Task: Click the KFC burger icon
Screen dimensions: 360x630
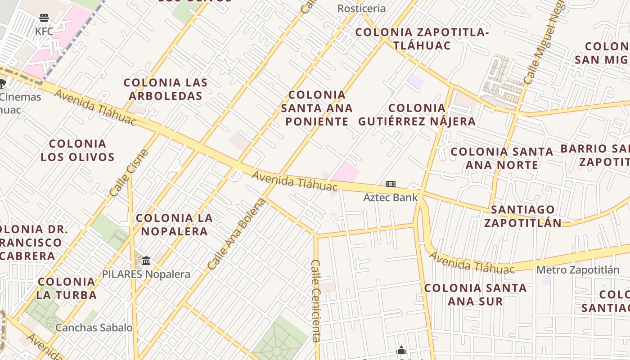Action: [44, 18]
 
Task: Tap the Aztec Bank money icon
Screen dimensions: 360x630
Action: [390, 184]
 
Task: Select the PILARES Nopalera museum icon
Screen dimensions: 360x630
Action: [146, 261]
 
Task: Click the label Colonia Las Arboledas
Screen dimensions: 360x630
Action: [166, 89]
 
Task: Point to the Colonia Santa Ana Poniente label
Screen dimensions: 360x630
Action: [317, 108]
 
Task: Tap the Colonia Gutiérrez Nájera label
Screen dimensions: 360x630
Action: [417, 115]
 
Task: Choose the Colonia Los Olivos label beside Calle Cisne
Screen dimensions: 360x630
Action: [77, 150]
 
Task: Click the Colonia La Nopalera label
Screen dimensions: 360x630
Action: [174, 225]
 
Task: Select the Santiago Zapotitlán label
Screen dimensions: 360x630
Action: [523, 216]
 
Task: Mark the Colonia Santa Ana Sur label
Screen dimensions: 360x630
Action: [475, 294]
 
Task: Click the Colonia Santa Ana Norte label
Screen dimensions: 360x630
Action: [502, 158]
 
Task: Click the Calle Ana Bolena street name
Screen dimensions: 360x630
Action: [237, 234]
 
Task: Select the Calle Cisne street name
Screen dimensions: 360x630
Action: [129, 173]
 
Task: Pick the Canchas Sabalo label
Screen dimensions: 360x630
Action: [94, 328]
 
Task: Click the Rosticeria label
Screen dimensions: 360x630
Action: [361, 9]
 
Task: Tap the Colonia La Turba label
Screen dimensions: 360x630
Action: [67, 288]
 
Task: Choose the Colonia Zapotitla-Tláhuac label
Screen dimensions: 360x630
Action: [422, 39]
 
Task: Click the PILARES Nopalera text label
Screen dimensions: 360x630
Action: [146, 274]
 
